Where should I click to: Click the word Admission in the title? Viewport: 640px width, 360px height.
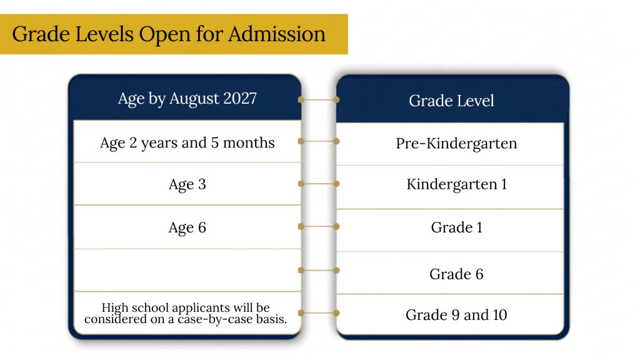[277, 34]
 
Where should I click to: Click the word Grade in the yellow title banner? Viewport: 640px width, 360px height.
[41, 34]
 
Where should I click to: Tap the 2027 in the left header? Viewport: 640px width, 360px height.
[240, 98]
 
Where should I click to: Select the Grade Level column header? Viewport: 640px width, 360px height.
[451, 101]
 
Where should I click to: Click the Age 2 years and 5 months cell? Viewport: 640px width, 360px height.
[187, 142]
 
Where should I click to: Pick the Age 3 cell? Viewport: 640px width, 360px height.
[187, 184]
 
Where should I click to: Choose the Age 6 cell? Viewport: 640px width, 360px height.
[187, 227]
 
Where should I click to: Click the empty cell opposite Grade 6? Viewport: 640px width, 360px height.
[187, 270]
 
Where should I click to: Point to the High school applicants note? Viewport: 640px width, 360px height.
[186, 313]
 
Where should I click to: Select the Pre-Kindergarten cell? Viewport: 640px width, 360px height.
[450, 144]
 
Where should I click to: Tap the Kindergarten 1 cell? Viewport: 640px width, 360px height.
[450, 187]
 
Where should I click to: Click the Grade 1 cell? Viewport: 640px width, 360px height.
[450, 231]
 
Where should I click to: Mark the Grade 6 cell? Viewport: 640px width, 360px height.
[450, 273]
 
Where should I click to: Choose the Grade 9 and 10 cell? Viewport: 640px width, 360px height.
[450, 314]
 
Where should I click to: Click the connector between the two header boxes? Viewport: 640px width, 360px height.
[319, 99]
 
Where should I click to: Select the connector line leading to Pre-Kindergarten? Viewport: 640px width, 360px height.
[319, 141]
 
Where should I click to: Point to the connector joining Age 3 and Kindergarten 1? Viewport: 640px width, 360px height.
[319, 184]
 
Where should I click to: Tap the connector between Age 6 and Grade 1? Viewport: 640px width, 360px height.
[319, 226]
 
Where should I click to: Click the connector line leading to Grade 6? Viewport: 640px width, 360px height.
[319, 270]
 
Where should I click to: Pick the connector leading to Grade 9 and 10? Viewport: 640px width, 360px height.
[319, 313]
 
